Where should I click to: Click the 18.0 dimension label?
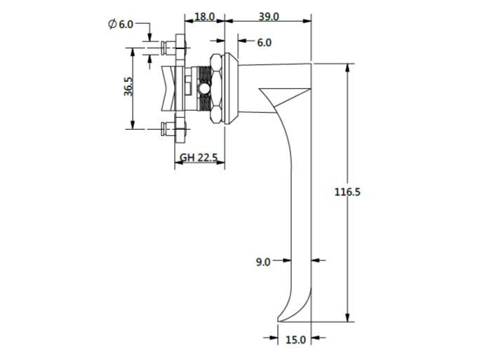(x=205, y=17)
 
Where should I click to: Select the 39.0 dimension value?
(x=269, y=17)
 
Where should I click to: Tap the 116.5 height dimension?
(x=347, y=192)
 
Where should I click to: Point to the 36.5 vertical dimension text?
(x=128, y=87)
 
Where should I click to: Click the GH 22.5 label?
(x=199, y=158)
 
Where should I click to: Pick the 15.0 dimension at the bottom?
(x=295, y=340)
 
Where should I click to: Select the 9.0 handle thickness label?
(x=263, y=262)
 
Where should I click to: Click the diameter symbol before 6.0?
(x=112, y=24)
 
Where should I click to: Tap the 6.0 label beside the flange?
(x=264, y=43)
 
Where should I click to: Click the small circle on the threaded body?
(x=204, y=89)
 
